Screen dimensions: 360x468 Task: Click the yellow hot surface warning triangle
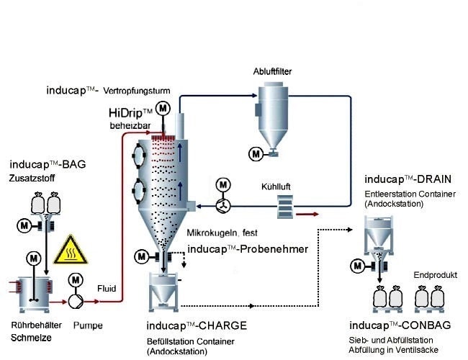tap(72, 249)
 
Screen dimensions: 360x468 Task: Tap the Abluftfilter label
tap(272, 72)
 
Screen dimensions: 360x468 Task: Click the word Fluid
tap(107, 288)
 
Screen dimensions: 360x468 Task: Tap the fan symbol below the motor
tap(223, 204)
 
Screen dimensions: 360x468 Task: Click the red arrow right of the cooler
tap(310, 214)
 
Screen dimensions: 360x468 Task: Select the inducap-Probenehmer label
tap(248, 249)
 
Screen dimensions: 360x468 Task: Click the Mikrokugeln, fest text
tap(221, 233)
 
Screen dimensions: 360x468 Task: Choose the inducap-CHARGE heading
tap(197, 325)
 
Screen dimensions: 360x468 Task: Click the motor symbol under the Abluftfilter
tap(254, 153)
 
